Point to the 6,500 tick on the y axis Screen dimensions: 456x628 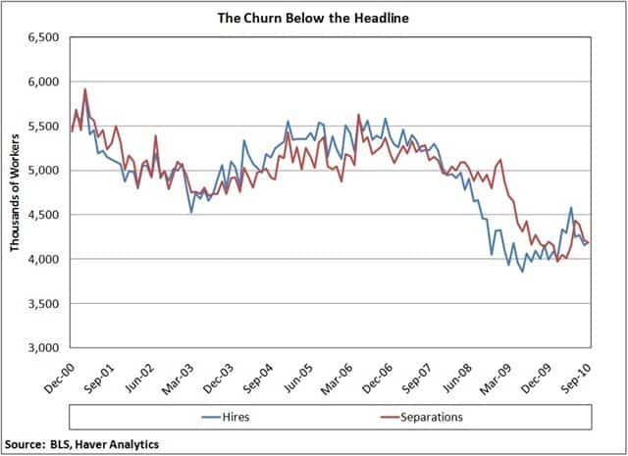tap(42, 37)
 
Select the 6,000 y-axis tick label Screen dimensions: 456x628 tap(42, 81)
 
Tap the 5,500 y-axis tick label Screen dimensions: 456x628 tap(42, 126)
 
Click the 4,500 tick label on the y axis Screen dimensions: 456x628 tap(42, 215)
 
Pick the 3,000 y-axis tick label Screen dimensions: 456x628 tap(42, 348)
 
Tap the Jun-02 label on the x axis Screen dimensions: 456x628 tap(141, 374)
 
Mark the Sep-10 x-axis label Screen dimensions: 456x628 tap(579, 374)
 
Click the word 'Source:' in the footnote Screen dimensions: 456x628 tap(26, 443)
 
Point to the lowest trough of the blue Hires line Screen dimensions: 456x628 tap(522, 272)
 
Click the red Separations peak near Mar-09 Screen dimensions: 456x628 tap(501, 160)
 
